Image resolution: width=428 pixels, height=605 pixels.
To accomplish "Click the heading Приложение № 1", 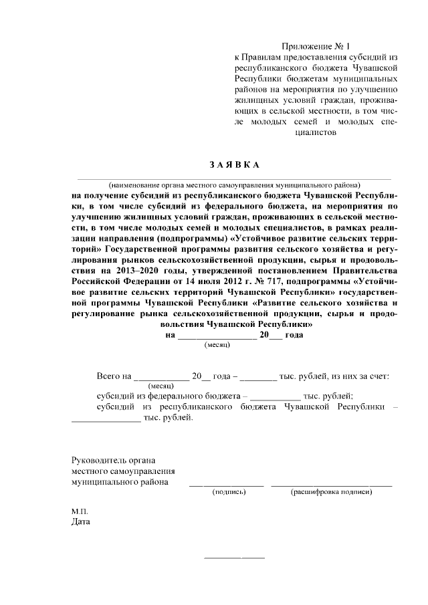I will [316, 46].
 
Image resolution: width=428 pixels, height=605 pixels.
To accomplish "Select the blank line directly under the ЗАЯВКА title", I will [233, 179].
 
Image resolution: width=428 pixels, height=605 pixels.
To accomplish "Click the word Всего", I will [109, 376].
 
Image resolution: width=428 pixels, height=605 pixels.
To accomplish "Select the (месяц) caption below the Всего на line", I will [161, 386].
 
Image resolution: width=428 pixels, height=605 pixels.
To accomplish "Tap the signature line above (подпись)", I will [228, 484].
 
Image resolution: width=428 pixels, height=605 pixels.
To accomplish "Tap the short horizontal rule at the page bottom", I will [233, 557].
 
